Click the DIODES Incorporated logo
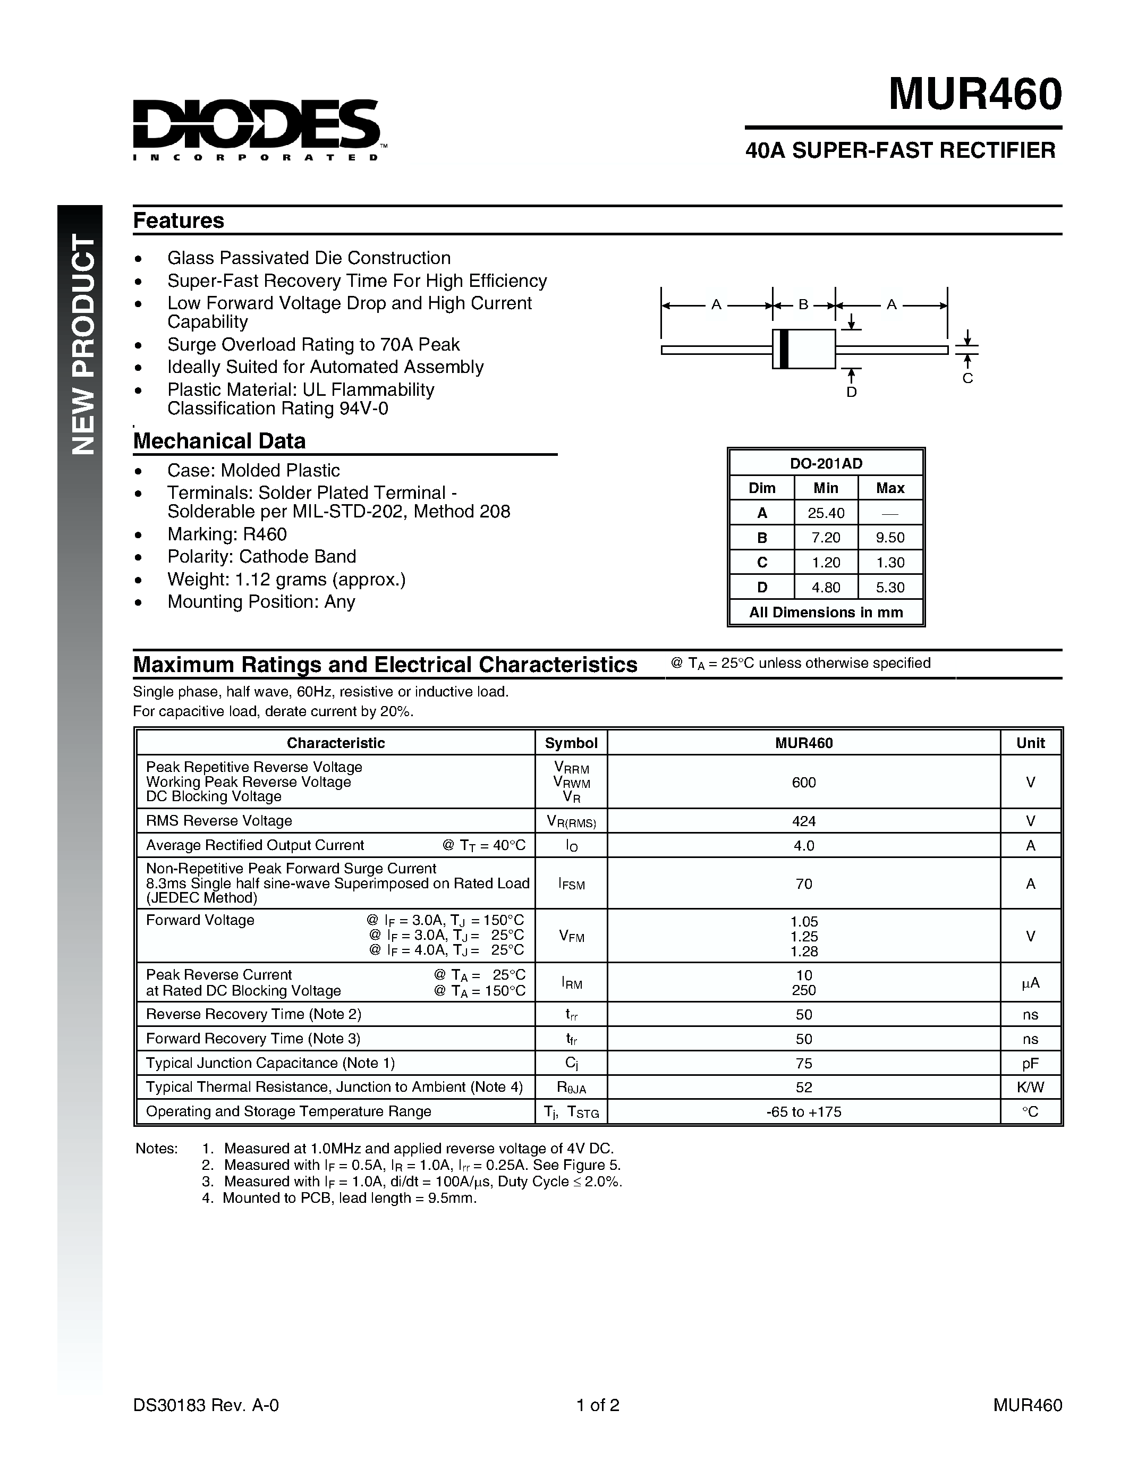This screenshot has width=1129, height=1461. tap(258, 129)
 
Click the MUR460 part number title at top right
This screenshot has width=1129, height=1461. tap(974, 95)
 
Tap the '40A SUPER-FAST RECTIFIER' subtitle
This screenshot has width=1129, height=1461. tap(900, 150)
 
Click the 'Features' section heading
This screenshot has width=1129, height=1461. tap(179, 221)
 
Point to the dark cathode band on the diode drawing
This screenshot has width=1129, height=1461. tap(784, 349)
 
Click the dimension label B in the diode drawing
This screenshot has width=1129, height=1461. tap(803, 305)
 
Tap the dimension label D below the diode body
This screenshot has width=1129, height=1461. tap(852, 392)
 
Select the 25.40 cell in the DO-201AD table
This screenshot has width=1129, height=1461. tap(826, 513)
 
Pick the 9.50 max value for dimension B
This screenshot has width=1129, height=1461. tap(890, 538)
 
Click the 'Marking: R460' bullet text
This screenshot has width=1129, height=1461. tap(227, 534)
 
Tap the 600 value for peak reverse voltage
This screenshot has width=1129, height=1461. tap(803, 782)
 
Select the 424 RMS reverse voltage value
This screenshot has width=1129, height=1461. tap(803, 821)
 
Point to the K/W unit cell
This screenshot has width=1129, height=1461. tap(1030, 1087)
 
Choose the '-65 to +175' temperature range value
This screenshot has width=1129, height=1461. tap(803, 1112)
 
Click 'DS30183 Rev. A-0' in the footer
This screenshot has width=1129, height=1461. tap(206, 1405)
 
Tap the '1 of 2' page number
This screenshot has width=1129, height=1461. tap(598, 1405)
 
